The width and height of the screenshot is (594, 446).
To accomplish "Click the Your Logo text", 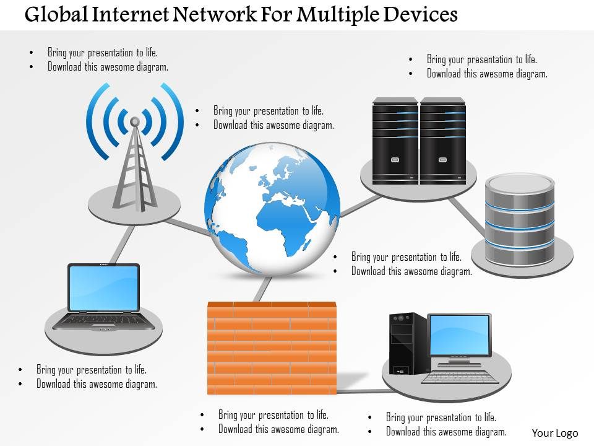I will pyautogui.click(x=555, y=434).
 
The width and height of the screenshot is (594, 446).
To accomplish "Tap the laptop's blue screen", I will pyautogui.click(x=104, y=287).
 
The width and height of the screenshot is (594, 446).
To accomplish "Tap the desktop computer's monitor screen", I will pyautogui.click(x=459, y=335).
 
